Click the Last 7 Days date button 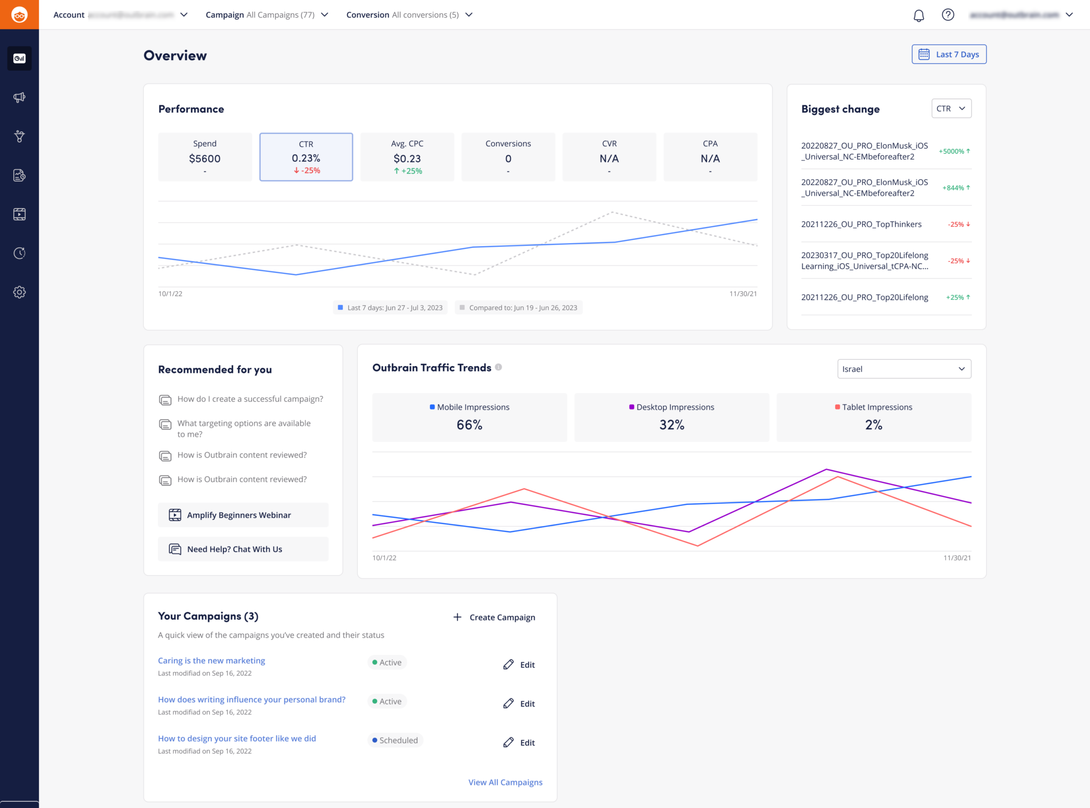pyautogui.click(x=949, y=54)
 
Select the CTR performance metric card pyautogui.click(x=306, y=156)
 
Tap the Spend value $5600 pyautogui.click(x=205, y=159)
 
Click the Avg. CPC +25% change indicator pyautogui.click(x=408, y=171)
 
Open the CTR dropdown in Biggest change pyautogui.click(x=951, y=109)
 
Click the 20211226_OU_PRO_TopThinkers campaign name pyautogui.click(x=861, y=224)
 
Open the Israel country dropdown pyautogui.click(x=904, y=369)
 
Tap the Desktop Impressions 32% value pyautogui.click(x=672, y=424)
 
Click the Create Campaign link pyautogui.click(x=494, y=618)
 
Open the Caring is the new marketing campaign pyautogui.click(x=211, y=661)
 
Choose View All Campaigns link pyautogui.click(x=505, y=782)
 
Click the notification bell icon pyautogui.click(x=919, y=15)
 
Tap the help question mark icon pyautogui.click(x=948, y=15)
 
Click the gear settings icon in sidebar pyautogui.click(x=20, y=292)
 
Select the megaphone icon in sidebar pyautogui.click(x=20, y=97)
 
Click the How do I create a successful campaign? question pyautogui.click(x=250, y=399)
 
